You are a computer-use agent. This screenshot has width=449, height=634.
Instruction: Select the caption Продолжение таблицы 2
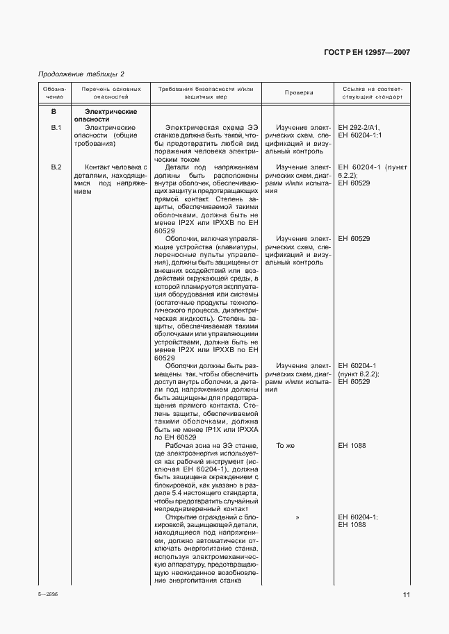click(x=81, y=74)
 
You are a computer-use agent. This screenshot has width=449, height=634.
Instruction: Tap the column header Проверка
click(x=299, y=92)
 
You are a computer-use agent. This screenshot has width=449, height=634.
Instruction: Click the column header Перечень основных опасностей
click(x=111, y=93)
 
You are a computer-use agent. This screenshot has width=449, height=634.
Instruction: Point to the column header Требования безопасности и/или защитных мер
click(x=205, y=93)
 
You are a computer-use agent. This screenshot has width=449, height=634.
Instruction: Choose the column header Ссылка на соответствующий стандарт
click(x=372, y=93)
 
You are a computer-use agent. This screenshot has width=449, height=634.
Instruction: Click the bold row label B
click(x=54, y=111)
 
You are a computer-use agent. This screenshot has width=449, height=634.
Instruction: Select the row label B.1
click(x=56, y=128)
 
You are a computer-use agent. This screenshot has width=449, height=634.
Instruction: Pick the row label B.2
click(x=56, y=167)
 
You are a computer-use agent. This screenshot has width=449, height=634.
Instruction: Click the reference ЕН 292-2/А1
click(x=363, y=128)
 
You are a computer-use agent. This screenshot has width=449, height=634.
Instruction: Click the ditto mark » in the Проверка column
click(x=297, y=517)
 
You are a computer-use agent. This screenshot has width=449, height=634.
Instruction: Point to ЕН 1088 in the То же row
click(x=352, y=446)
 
